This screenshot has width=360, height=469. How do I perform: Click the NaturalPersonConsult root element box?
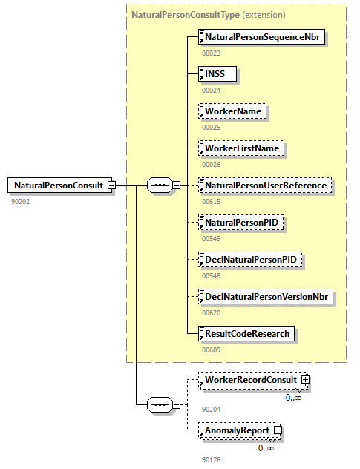pyautogui.click(x=58, y=185)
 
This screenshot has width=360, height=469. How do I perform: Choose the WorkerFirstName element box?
pyautogui.click(x=242, y=148)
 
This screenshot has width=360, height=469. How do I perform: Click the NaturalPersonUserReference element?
pyautogui.click(x=265, y=186)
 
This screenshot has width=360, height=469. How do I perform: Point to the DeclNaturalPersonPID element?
pyautogui.click(x=250, y=260)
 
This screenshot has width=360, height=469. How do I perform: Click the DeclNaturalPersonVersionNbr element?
pyautogui.click(x=267, y=297)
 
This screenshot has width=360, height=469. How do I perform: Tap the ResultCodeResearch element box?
pyautogui.click(x=247, y=334)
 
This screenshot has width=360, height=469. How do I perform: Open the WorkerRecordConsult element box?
pyautogui.click(x=251, y=381)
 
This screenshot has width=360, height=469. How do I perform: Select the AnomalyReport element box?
pyautogui.click(x=237, y=430)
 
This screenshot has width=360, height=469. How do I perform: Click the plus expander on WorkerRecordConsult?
pyautogui.click(x=305, y=381)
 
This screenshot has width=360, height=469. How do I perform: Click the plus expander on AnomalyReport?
pyautogui.click(x=278, y=430)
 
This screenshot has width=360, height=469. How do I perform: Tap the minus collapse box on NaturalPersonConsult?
pyautogui.click(x=111, y=185)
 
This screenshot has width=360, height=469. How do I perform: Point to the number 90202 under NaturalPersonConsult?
pyautogui.click(x=22, y=200)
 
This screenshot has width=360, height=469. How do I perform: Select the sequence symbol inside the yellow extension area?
pyautogui.click(x=159, y=185)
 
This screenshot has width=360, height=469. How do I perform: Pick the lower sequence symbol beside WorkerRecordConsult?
pyautogui.click(x=159, y=404)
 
